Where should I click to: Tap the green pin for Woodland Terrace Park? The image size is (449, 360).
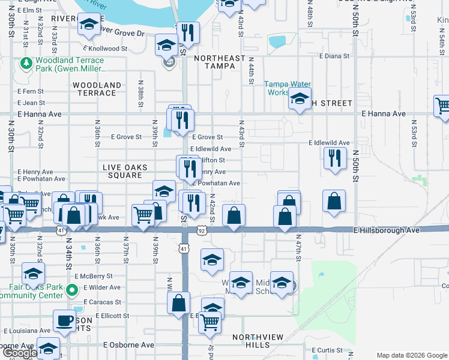26,62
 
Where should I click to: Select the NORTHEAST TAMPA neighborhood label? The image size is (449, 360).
220,62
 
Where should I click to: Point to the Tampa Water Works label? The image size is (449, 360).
286,88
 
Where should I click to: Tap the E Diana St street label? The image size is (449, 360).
334,56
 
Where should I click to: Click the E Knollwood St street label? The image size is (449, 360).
106,49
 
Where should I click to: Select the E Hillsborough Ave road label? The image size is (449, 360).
384,230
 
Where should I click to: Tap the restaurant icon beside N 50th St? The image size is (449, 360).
334,158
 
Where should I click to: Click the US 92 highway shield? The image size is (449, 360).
202,230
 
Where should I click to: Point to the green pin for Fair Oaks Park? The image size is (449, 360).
71,291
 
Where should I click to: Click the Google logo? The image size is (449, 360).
19,353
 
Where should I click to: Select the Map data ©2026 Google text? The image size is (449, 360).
412,355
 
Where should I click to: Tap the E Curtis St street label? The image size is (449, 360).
327,350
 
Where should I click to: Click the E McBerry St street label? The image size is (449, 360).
89,276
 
